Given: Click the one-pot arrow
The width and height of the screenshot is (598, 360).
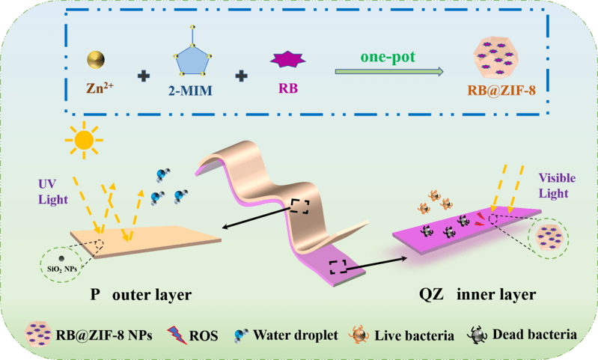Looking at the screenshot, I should (388, 72).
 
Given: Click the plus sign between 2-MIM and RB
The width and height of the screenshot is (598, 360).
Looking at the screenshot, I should (242, 76).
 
